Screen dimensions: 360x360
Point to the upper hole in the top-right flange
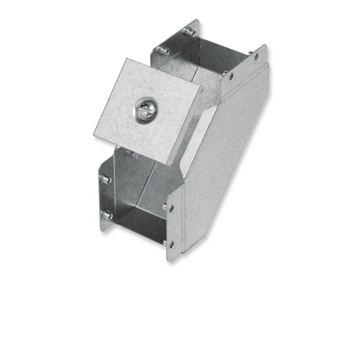point(256,57)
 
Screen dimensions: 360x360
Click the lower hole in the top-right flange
point(231,76)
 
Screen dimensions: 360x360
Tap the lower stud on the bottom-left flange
point(107,216)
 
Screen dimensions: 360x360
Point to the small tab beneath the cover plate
point(134,155)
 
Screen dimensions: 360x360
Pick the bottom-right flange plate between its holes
point(173,225)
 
